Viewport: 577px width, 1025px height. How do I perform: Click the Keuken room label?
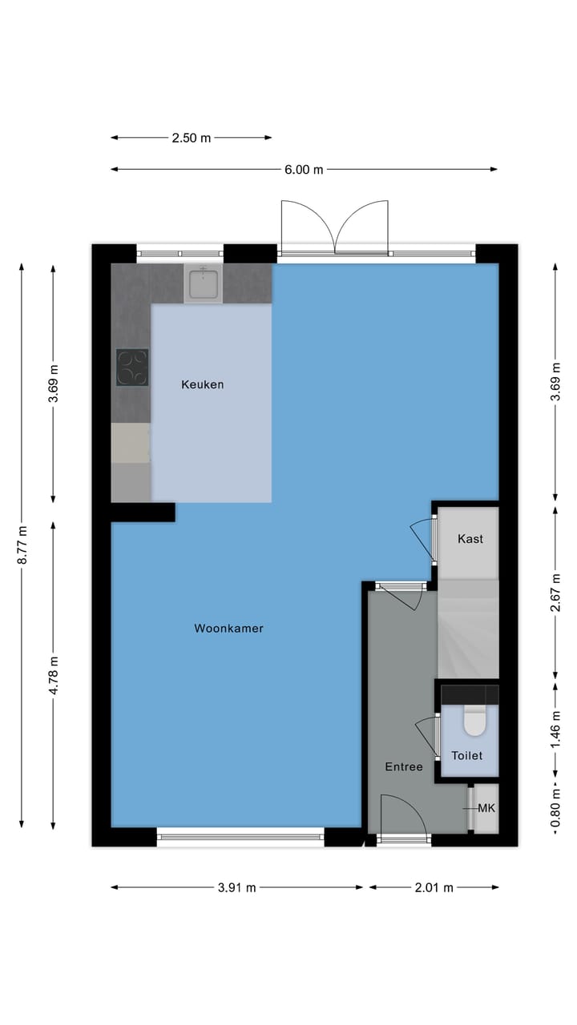(x=202, y=384)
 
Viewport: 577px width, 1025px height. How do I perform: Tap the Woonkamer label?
(x=228, y=629)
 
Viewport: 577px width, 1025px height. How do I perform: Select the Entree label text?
(x=403, y=766)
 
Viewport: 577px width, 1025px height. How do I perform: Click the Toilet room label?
(x=466, y=755)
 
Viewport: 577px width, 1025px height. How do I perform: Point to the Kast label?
(x=470, y=539)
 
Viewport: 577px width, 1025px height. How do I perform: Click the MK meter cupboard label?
(x=486, y=808)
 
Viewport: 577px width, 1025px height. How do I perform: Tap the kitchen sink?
(x=204, y=283)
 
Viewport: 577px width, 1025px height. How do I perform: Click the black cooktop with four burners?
(x=132, y=368)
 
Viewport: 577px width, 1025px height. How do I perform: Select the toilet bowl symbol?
(x=474, y=723)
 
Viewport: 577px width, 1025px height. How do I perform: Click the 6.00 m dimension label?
(x=304, y=170)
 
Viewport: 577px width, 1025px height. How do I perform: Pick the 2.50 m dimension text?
(x=191, y=138)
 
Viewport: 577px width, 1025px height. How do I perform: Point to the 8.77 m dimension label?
(x=22, y=545)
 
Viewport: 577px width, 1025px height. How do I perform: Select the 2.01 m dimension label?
(x=434, y=887)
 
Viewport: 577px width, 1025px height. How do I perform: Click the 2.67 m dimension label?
(x=555, y=592)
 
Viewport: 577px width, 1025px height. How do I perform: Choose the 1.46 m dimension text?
(x=555, y=730)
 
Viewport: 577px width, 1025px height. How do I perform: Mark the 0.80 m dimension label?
(x=555, y=808)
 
